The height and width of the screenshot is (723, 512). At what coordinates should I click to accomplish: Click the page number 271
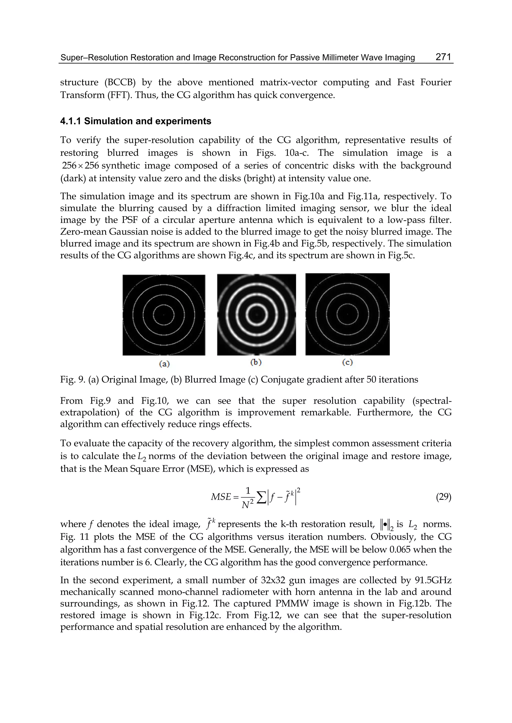443,57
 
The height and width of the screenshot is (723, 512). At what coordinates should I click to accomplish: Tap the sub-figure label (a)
164,364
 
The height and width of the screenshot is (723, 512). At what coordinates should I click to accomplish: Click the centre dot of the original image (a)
164,315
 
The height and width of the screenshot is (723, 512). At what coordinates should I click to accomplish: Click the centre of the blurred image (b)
256,315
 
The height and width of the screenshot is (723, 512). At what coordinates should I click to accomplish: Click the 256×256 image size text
80,166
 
